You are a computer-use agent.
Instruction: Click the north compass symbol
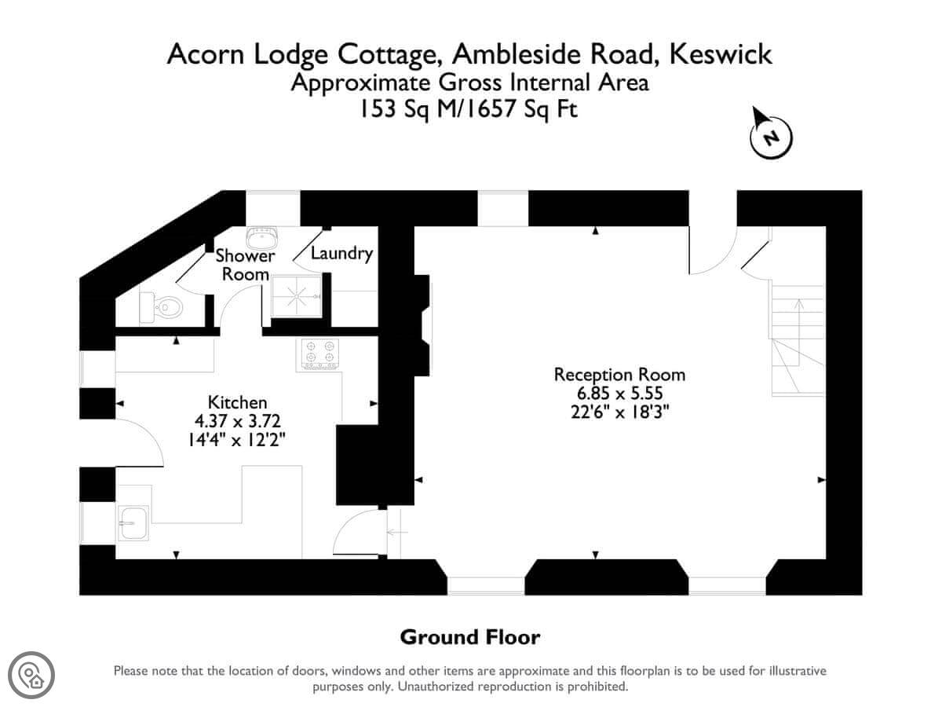point(771,134)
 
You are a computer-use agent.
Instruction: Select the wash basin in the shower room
point(261,238)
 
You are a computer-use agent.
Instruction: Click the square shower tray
point(296,296)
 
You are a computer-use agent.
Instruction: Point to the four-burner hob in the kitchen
point(319,354)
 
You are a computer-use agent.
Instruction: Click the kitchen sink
point(133,522)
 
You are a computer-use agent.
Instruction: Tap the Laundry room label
point(341,253)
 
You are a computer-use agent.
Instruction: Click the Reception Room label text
point(619,375)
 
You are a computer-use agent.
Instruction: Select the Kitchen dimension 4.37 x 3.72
point(238,421)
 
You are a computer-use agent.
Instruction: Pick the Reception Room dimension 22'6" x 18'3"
point(619,412)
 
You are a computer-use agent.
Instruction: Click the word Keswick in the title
point(721,54)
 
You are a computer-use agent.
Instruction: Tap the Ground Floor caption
point(470,637)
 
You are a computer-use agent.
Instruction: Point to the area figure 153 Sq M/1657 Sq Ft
point(468,109)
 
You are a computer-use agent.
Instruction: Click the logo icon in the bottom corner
point(31,675)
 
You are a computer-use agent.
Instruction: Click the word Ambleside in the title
point(517,54)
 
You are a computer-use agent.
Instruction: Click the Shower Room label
point(245,265)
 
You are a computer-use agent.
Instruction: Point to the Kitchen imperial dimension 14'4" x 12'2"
point(237,440)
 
